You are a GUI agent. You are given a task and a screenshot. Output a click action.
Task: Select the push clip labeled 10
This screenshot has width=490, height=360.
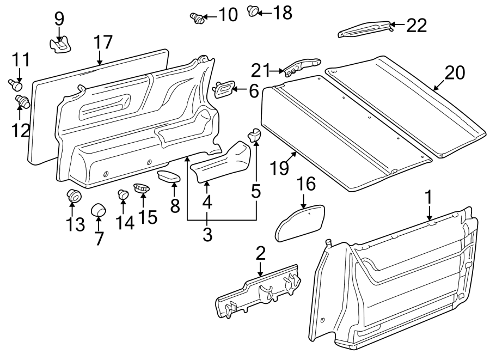pos(197,18)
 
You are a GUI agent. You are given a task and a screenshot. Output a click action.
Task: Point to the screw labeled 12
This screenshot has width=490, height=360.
pos(22,100)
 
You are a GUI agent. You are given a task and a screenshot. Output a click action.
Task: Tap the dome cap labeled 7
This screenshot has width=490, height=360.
pos(98,209)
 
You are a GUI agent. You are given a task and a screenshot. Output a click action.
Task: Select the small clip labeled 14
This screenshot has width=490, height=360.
pos(123,193)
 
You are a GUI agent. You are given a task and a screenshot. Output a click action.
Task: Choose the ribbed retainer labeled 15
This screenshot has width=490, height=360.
pos(142,187)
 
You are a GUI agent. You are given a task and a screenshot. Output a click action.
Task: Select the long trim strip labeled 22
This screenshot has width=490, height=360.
pos(364,29)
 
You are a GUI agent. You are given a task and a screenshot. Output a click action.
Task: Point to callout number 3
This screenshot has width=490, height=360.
pos(207,234)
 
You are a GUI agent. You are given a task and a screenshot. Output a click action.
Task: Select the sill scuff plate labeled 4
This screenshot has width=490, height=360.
pos(220,162)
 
